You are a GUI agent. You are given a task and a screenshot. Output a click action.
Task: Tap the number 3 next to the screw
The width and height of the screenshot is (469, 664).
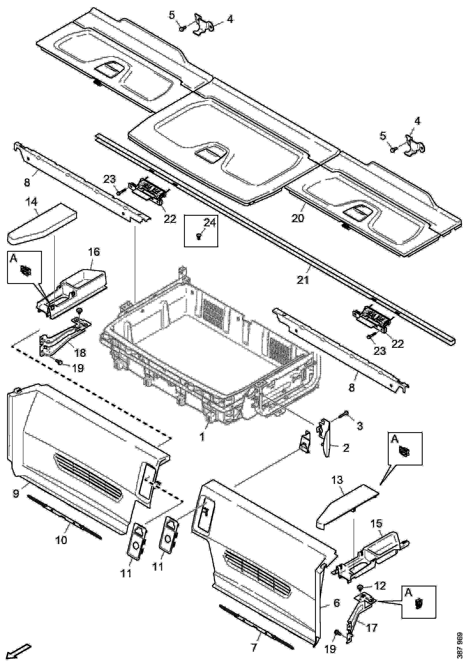[360, 426]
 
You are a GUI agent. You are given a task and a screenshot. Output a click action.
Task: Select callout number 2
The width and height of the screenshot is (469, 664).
[346, 448]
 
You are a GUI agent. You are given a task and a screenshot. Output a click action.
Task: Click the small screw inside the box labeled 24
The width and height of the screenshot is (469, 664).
[199, 236]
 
